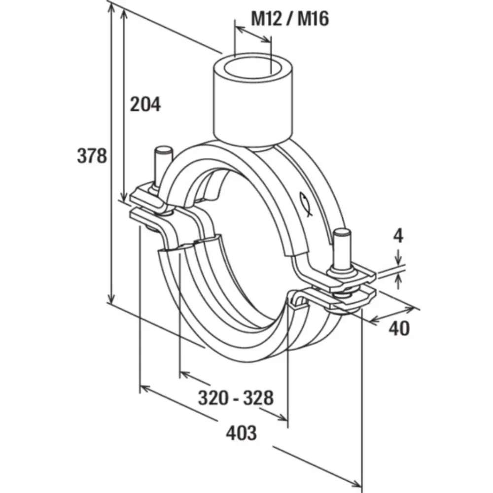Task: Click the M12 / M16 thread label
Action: point(290,19)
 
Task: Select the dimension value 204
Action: point(145,104)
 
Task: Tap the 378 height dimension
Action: point(92,156)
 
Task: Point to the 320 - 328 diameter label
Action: point(236,397)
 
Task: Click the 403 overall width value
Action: point(241,433)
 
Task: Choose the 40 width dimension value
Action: point(399,328)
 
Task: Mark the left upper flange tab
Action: point(148,195)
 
